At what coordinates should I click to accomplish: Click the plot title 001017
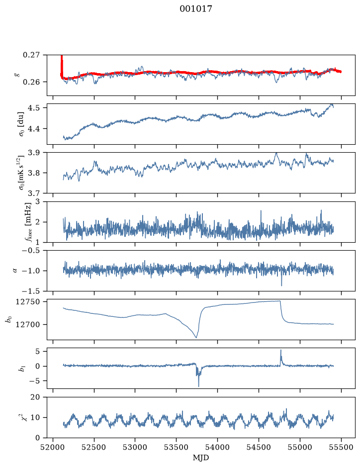[x=195, y=9]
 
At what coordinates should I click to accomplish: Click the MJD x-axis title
[x=201, y=457]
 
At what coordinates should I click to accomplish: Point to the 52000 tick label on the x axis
[x=53, y=447]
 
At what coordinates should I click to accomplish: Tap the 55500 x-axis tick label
[x=341, y=447]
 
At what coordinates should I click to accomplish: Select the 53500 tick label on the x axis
[x=177, y=447]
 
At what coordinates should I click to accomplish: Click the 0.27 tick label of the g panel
[x=31, y=55]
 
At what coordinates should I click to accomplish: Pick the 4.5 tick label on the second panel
[x=34, y=107]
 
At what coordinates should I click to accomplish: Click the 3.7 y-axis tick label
[x=34, y=193]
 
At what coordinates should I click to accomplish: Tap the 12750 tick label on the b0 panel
[x=27, y=302]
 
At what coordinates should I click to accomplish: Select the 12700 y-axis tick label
[x=27, y=324]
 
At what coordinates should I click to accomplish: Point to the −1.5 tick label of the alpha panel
[x=31, y=290]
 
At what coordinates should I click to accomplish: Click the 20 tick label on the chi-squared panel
[x=35, y=397]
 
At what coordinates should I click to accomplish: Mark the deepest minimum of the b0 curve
[x=196, y=337]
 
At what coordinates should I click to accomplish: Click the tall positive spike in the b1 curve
[x=280, y=351]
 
